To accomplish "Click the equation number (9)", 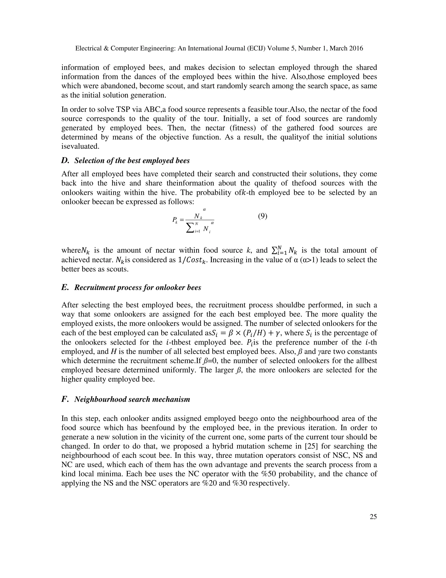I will pyautogui.click(x=262, y=217).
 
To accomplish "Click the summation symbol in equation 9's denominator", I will pyautogui.click(x=190, y=228).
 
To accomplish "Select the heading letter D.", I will pyautogui.click(x=65, y=161).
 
